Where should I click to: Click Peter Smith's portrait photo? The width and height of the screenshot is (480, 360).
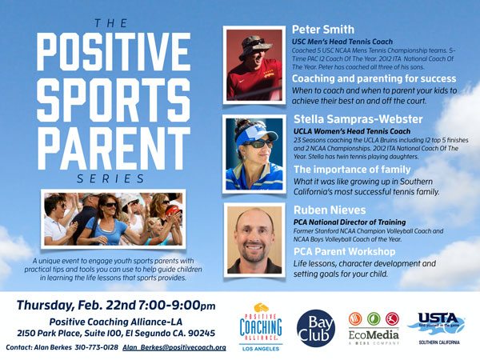(254, 66)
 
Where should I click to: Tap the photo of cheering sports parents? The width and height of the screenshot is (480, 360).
(113, 217)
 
